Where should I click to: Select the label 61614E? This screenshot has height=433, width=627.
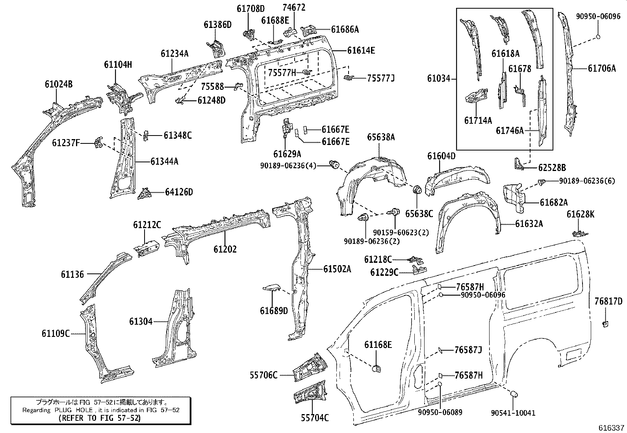(361, 50)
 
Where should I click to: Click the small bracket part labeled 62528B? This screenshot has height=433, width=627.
(520, 164)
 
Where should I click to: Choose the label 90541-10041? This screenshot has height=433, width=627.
(513, 413)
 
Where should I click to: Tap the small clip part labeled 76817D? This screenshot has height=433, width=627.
(605, 324)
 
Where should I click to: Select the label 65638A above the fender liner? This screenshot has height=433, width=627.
(381, 137)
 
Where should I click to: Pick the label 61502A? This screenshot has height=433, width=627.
(337, 269)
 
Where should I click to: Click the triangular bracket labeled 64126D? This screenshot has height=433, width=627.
(145, 193)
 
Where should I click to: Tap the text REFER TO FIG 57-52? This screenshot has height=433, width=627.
(99, 418)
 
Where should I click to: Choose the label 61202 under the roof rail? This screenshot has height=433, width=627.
(225, 249)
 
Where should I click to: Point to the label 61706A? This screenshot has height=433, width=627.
(602, 68)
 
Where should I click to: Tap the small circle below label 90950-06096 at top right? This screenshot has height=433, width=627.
(597, 37)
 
